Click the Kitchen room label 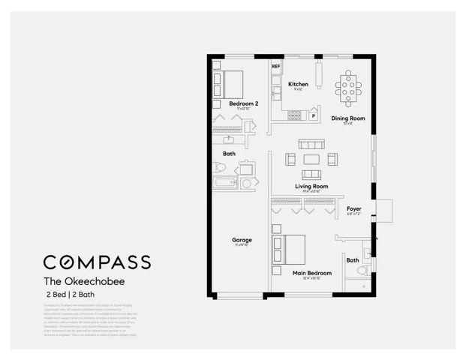298,84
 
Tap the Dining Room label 348,118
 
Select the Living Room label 311,186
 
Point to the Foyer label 353,208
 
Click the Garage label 242,240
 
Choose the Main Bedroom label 311,273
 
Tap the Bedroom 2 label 243,103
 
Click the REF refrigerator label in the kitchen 275,67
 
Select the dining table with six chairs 348,88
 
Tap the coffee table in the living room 311,158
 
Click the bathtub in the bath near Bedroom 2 225,183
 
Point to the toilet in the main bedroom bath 363,269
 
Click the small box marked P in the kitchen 313,115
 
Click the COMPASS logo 97,262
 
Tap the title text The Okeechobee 83,282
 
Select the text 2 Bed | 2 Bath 75,296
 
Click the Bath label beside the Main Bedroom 352,260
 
